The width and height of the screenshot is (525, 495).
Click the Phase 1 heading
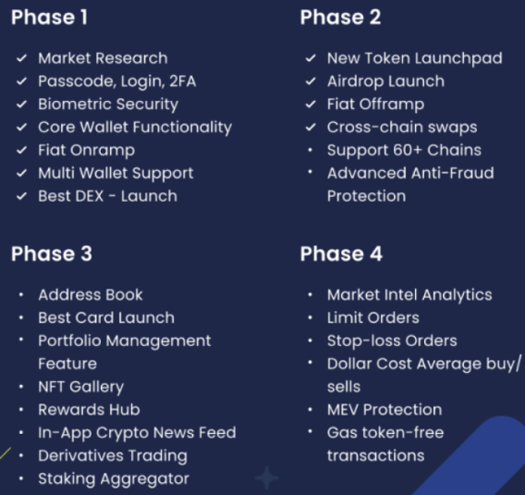coord(51,18)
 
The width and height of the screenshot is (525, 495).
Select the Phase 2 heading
coord(340,18)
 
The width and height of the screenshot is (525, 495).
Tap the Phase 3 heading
coord(52,254)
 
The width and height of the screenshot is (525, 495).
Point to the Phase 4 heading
coord(341,254)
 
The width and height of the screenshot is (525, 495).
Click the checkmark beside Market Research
coord(21,58)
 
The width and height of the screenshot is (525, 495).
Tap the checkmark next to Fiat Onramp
coord(21,150)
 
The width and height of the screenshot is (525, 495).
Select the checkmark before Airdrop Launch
coord(311,81)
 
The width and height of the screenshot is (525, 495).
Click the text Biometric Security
coord(107,105)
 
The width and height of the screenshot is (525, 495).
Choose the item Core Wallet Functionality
coord(134,128)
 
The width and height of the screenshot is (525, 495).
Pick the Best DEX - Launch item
coord(107,196)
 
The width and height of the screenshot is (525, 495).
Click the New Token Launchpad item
coord(414,58)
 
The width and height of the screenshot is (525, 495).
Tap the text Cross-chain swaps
coord(401,128)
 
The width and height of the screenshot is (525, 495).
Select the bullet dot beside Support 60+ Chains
coord(311,150)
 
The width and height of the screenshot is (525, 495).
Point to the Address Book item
coord(91,295)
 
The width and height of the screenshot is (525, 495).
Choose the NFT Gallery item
coord(80,387)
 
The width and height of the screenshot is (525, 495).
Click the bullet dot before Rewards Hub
coord(21,410)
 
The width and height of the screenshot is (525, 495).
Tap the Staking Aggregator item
coord(113,479)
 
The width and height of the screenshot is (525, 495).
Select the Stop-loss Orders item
coord(391,341)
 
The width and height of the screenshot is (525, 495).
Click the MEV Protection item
coord(384,410)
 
